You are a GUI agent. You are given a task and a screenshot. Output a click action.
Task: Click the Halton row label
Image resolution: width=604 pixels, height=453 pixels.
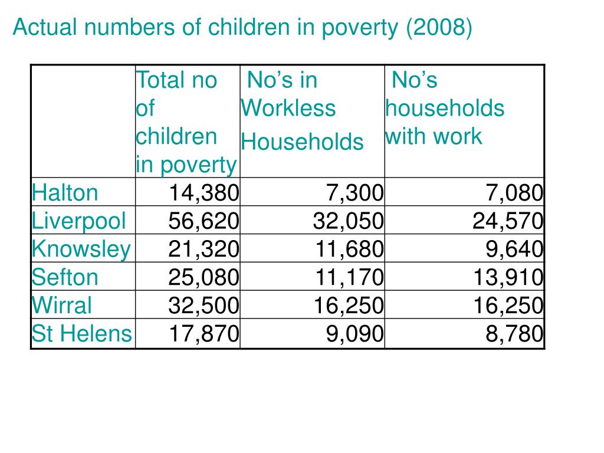(x=65, y=192)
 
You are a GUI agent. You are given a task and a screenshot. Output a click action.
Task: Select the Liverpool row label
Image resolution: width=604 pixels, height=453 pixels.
(x=79, y=221)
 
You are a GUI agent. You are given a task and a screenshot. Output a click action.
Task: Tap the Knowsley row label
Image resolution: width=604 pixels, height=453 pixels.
(x=81, y=249)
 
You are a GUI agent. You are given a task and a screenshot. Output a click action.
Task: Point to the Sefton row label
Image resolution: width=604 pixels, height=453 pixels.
(x=65, y=277)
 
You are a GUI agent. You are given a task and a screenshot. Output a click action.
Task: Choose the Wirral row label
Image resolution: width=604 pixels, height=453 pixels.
(x=62, y=306)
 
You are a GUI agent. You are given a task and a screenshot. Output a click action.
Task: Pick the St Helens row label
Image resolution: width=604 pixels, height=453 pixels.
(x=81, y=334)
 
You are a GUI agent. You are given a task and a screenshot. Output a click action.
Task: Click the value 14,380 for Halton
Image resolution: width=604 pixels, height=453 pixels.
(x=203, y=192)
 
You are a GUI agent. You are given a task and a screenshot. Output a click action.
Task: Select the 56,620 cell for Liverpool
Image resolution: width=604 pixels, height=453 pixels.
(x=203, y=221)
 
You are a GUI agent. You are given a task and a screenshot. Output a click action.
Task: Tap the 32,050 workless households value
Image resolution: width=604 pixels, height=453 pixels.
(x=348, y=221)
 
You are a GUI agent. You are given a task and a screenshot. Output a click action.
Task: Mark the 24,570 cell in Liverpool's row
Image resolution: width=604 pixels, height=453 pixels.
(x=507, y=221)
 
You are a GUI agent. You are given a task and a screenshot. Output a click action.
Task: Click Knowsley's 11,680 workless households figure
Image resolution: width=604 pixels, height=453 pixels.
(x=348, y=249)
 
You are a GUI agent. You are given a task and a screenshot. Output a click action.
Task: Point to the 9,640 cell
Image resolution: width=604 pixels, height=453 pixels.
(x=514, y=249)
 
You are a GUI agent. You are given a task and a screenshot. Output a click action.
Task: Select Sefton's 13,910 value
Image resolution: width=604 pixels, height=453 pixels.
(x=507, y=277)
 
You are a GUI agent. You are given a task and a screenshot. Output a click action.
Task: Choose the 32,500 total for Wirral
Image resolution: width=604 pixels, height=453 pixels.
(x=203, y=306)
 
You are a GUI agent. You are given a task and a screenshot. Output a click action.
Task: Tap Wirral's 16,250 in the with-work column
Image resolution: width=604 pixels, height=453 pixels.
(x=507, y=306)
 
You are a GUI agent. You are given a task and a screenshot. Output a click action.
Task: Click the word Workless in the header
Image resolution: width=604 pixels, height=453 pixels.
(x=288, y=109)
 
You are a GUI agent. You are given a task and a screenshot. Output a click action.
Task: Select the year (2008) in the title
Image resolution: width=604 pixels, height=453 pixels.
(x=439, y=28)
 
